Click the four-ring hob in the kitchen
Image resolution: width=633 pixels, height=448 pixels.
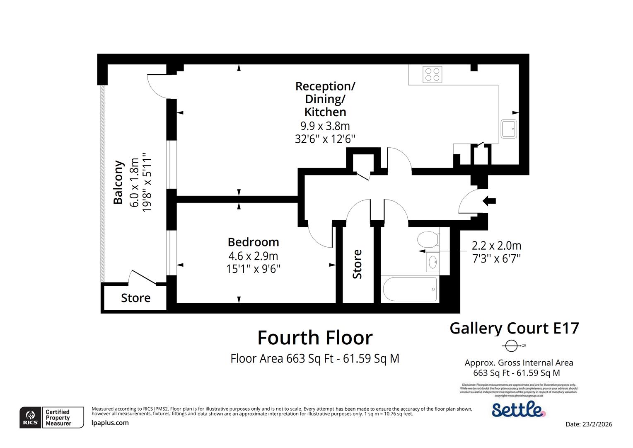pos(432,74)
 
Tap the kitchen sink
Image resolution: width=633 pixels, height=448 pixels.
pos(508,129)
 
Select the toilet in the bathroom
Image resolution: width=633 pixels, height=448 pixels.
pos(428,240)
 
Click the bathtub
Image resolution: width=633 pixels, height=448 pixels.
pos(410,289)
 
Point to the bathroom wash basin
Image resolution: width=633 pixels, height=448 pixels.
pos(433,262)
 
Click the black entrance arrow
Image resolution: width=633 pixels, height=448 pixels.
pos(489,201)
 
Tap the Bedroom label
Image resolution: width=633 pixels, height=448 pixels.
pos(253,242)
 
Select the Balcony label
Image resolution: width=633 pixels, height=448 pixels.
pos(118,182)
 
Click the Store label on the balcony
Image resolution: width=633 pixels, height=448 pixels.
pos(135,298)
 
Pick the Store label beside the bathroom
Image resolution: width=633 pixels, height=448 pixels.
pos(357,264)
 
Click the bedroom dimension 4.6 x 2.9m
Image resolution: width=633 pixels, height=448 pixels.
pos(253,256)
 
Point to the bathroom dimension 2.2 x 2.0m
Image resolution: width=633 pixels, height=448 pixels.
pos(496,246)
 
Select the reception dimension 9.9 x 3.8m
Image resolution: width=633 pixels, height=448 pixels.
pos(325,125)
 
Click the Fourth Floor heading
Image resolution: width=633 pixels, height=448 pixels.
pos(315,338)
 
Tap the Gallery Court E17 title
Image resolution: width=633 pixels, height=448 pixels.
pos(514,328)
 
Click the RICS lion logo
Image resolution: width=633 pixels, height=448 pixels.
pos(30,417)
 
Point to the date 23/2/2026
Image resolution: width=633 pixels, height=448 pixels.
pos(589,424)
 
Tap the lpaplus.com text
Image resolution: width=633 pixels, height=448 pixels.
pos(110,423)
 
